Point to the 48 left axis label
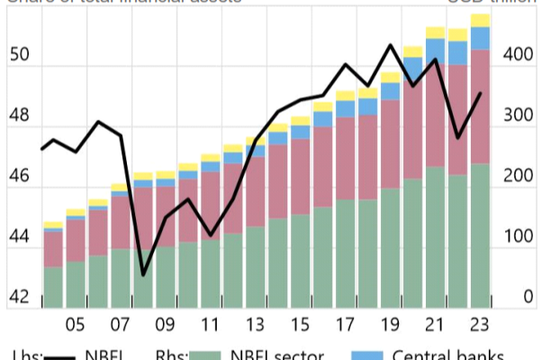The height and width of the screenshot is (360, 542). [x=20, y=116]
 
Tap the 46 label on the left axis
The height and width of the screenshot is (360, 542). [x=20, y=176]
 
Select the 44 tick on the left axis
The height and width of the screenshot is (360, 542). [x=20, y=237]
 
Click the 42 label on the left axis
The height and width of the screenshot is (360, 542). [x=20, y=297]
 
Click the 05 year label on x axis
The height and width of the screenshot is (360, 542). [x=76, y=325]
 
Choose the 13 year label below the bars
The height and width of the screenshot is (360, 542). [x=255, y=325]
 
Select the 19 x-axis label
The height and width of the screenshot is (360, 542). [x=390, y=325]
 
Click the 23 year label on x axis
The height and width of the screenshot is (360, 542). [x=480, y=325]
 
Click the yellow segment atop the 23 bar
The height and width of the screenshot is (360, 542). [x=480, y=21]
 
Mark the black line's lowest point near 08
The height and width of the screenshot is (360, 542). [x=143, y=274]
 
